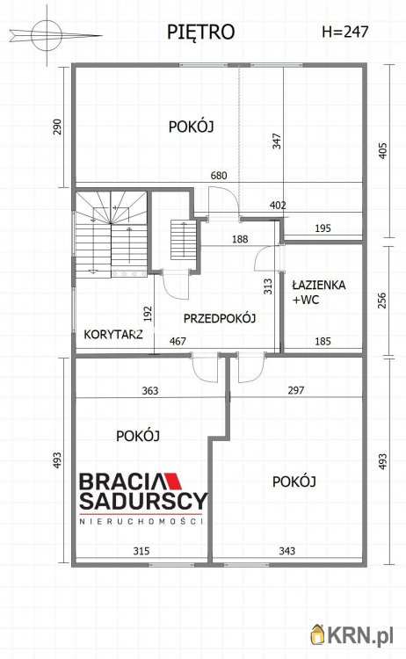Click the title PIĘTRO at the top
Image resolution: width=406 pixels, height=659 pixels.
coord(200,33)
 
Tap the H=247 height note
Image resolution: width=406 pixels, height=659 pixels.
coord(345,33)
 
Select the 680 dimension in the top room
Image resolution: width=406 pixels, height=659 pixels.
coord(218,176)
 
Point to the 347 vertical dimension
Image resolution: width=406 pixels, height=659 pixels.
coord(277,141)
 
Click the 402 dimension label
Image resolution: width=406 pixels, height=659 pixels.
coord(278,206)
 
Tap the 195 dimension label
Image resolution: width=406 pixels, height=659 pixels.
coord(322,228)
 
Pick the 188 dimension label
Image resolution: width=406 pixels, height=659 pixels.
coord(240,239)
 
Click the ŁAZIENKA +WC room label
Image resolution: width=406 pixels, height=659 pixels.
coord(318,293)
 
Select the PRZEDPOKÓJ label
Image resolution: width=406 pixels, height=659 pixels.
coord(219,318)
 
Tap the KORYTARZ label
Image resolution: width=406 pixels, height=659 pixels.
coord(113,334)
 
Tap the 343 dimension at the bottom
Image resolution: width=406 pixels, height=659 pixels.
coord(286,552)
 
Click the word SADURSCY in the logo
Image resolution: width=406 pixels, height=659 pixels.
coord(143,502)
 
